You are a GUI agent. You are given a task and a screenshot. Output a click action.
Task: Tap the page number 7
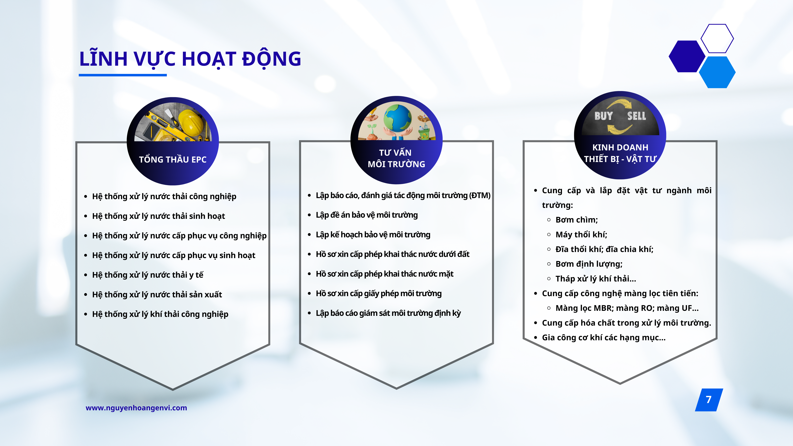(709, 399)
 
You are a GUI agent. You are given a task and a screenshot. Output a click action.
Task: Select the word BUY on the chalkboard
(603, 116)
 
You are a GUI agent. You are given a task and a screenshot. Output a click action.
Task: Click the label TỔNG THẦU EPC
(173, 160)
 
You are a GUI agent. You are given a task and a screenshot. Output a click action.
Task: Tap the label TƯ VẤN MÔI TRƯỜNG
(396, 158)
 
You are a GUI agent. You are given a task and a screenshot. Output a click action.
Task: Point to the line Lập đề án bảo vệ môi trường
(367, 215)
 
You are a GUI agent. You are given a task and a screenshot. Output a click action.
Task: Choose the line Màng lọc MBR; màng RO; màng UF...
(627, 308)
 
